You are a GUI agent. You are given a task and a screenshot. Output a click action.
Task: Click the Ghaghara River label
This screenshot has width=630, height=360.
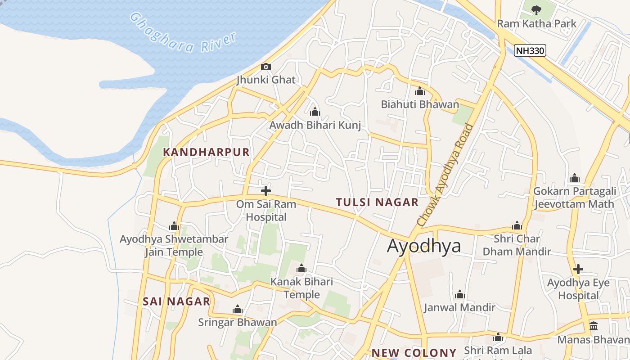[183, 33]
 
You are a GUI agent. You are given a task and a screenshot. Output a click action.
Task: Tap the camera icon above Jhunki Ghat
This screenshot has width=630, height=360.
[266, 67]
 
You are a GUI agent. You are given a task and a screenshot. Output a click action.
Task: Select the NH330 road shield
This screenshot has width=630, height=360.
[530, 50]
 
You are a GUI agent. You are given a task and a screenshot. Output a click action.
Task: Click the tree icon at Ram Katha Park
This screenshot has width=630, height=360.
[536, 10]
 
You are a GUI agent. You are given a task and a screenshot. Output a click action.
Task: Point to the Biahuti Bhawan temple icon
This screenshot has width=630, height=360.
[420, 91]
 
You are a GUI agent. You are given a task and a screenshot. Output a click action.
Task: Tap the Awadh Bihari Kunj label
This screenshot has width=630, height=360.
[315, 125]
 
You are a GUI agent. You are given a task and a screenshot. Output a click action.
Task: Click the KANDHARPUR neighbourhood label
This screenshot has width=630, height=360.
[206, 152]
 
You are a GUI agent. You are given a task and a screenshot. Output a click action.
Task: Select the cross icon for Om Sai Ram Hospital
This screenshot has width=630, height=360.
[266, 191]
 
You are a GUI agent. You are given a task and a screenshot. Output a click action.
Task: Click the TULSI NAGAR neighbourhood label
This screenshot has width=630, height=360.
[377, 202]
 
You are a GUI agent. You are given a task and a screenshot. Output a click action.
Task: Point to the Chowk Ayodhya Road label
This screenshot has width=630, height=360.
[445, 175]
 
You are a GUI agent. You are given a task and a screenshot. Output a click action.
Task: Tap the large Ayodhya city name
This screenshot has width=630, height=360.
[424, 246]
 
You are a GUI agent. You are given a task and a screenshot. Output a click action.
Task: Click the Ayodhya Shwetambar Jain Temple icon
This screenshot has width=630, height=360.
[174, 226]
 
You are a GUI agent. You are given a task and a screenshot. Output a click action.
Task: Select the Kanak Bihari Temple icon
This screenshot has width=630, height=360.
[301, 269]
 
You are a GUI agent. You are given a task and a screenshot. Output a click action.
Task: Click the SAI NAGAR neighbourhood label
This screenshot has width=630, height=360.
[176, 301]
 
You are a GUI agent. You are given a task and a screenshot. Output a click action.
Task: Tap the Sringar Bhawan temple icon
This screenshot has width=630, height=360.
[238, 310]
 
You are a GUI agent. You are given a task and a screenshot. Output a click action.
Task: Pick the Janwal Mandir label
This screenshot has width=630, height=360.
[459, 307]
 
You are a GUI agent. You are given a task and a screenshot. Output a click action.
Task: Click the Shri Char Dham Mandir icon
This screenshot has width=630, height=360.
[517, 225]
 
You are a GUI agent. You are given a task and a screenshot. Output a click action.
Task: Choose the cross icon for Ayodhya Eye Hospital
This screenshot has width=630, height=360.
[578, 270]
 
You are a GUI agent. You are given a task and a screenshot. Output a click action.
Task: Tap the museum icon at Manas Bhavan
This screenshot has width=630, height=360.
[594, 326]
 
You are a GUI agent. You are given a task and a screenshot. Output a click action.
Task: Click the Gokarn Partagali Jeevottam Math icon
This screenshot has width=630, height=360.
[575, 178]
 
